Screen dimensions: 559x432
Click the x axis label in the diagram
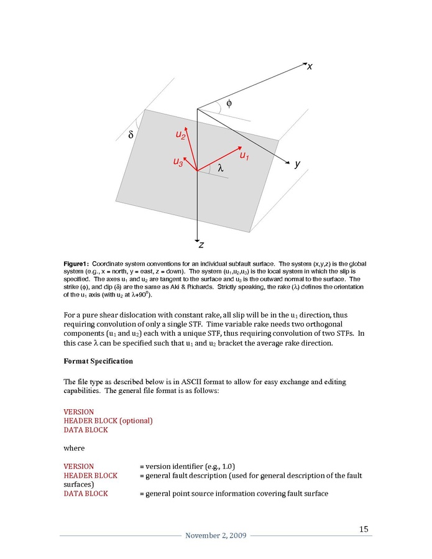309,67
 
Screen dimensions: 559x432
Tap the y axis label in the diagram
297,164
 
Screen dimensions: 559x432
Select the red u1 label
244,155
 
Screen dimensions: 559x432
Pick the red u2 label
180,134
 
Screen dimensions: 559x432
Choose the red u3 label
178,162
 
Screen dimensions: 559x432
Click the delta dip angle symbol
131,134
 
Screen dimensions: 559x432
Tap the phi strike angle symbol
229,103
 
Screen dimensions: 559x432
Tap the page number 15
364,529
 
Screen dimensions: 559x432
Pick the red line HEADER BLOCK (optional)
108,421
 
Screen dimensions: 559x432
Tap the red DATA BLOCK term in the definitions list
86,494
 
